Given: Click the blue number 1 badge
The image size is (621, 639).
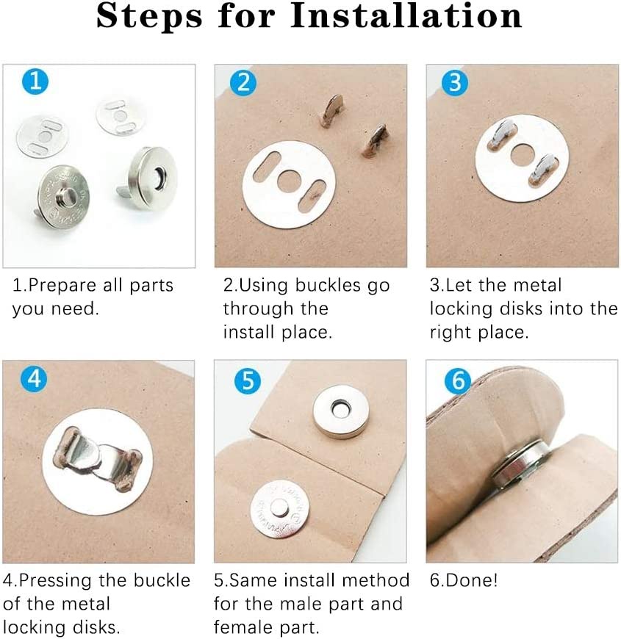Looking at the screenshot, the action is [35, 81].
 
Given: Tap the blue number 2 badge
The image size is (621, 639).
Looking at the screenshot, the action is [243, 82].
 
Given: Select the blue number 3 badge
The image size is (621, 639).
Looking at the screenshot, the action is [455, 82].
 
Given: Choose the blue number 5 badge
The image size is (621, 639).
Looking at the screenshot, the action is [248, 381].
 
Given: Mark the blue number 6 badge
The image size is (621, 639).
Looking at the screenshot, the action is [458, 381].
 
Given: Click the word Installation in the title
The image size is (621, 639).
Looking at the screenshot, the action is [406, 15].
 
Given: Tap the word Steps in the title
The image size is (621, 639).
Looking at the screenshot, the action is [149, 16].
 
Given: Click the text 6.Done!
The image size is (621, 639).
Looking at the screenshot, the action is [464, 580].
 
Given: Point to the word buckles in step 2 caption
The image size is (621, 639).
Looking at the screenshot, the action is [328, 285].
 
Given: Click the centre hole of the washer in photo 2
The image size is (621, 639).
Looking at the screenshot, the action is [289, 180].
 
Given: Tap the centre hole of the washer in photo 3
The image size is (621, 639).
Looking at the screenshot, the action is [523, 155].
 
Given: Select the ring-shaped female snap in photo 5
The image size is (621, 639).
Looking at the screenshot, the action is [341, 411].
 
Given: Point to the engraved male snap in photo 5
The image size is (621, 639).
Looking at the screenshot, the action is [279, 509].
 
